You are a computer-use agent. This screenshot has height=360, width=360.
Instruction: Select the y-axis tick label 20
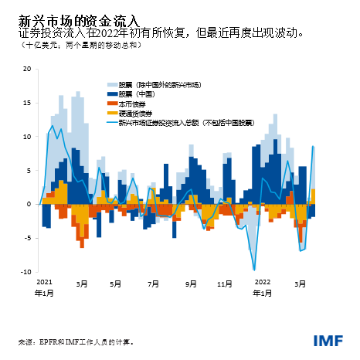click(x=26, y=69)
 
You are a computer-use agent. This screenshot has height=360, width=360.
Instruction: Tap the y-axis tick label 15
click(x=26, y=103)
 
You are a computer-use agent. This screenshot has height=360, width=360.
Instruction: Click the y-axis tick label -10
click(x=25, y=272)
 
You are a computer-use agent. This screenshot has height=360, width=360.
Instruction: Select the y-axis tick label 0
click(x=29, y=204)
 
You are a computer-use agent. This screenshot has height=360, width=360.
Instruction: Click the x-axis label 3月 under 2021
click(x=81, y=284)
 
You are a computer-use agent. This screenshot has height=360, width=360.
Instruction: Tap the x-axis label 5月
click(x=116, y=284)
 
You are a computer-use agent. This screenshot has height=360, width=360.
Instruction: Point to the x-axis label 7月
click(x=151, y=284)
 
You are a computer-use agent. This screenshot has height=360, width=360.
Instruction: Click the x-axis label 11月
click(x=225, y=284)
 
